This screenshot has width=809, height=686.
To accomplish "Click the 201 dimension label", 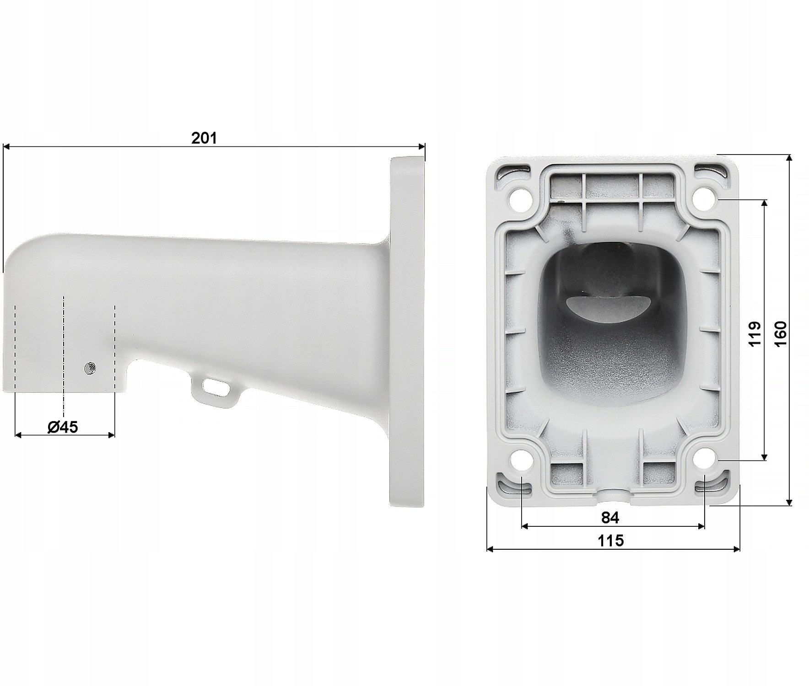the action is [204, 138].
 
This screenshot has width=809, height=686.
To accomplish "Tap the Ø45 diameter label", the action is [63, 427].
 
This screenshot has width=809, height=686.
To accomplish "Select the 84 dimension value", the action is [610, 518].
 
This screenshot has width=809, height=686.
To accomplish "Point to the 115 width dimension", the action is [611, 541].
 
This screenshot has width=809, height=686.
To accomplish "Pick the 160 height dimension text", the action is [781, 333].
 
